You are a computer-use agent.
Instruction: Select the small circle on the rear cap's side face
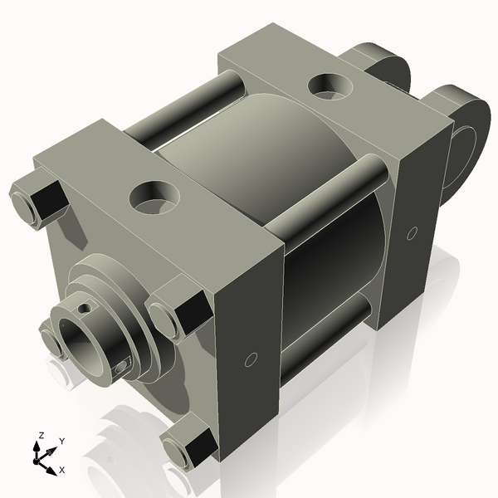pos(411,234)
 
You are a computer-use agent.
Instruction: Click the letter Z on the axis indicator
pos(41,435)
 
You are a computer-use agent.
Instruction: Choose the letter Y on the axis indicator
pos(61,441)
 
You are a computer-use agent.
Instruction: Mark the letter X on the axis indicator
pos(61,470)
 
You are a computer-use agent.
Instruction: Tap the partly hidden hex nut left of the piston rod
pos(51,342)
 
